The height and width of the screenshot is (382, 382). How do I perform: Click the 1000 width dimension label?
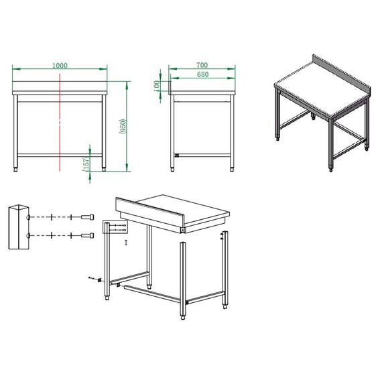60,65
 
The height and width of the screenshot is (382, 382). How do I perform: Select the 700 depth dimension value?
202,65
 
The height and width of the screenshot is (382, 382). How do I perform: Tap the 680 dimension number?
202,74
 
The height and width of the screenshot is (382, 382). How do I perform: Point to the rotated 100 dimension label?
157,86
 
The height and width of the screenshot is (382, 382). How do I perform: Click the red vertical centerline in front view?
60,127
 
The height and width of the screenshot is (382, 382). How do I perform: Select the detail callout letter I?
125,242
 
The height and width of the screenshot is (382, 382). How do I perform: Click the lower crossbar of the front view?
60,155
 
